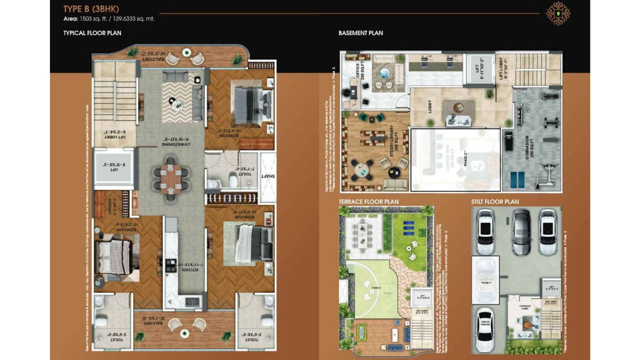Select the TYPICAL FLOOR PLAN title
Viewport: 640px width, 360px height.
pos(92,33)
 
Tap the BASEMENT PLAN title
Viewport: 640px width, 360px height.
pos(360,33)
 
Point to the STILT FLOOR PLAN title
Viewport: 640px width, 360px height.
pos(495,201)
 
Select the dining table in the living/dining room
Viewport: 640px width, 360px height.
pos(171,178)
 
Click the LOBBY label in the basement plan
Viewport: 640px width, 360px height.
pos(430,107)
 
